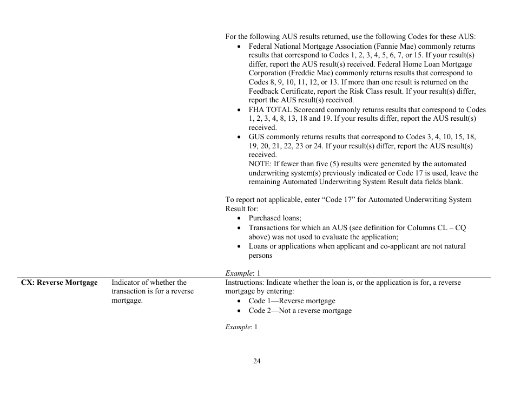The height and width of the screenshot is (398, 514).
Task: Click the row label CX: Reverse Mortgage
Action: (59, 282)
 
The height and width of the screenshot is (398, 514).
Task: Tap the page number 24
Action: (257, 361)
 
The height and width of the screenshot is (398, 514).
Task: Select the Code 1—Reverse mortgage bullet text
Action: (292, 301)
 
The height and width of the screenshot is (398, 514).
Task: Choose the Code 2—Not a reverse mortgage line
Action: (300, 310)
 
